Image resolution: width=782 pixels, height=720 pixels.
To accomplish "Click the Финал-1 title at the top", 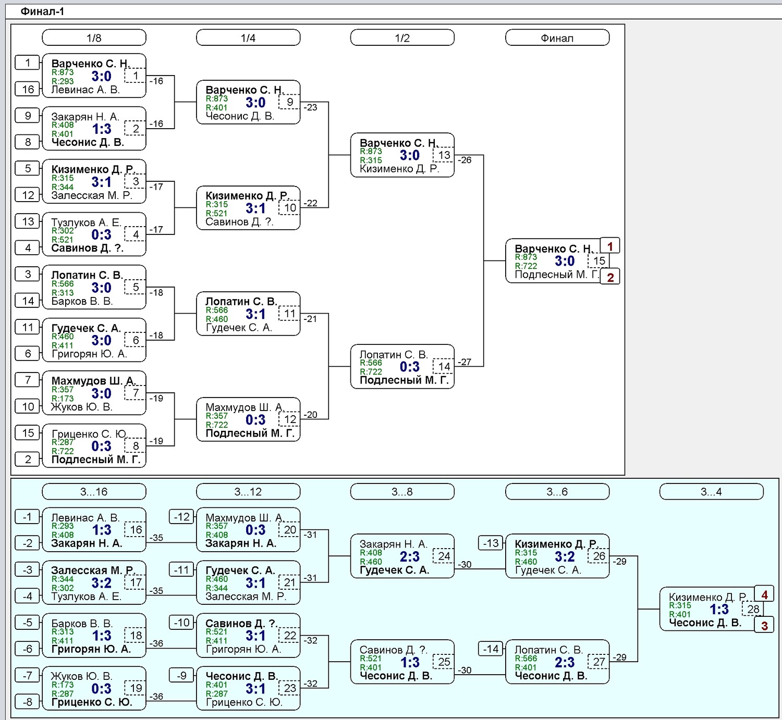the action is pos(42,11).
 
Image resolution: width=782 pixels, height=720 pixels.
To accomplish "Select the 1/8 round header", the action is pos(94,38).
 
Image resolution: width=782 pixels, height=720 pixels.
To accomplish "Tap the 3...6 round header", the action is pos(557,492).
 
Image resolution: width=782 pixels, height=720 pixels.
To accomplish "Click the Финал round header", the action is pos(557,38).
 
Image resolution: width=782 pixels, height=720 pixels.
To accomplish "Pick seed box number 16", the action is pos(28,89).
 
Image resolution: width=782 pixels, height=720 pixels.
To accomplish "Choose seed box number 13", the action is pos(28,221).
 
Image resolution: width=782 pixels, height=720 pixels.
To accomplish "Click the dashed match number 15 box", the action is pos(599,260).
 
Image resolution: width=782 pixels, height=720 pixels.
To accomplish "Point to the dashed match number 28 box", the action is pos(753,609).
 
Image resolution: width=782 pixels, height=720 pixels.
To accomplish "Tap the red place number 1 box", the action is pos(610,246).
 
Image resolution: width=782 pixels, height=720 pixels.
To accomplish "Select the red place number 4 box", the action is pos(764,594).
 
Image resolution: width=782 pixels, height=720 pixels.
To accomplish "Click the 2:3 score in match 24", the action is pos(409,556).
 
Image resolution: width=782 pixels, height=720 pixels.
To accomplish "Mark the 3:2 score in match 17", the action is pos(101,583).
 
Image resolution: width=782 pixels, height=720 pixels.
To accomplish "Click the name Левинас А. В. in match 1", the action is pos(85,90).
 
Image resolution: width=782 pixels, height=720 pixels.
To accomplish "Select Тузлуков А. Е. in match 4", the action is pos(86,222).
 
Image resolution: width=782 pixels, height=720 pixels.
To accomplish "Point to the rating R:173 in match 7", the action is pos(63,398).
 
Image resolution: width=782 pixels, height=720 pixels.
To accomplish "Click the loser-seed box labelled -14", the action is pos(491,649).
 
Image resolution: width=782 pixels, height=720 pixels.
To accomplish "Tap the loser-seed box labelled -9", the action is pos(181,675).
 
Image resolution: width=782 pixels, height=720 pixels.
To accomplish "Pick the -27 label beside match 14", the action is pos(465,362).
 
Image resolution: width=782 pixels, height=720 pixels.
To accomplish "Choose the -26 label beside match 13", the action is pos(465,160).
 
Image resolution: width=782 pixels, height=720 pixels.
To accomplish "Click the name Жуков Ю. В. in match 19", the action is pos(81,676).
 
